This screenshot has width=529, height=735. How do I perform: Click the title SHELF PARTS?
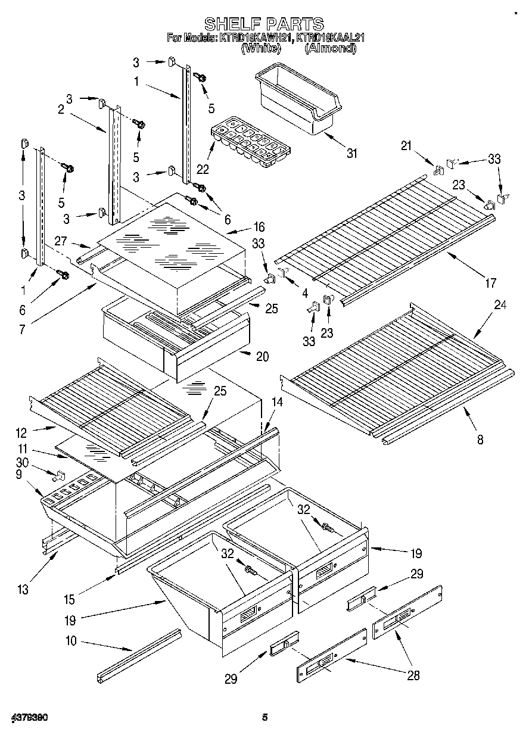[x=264, y=24]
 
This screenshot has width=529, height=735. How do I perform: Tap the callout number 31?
[x=352, y=153]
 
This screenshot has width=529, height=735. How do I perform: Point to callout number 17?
[x=490, y=284]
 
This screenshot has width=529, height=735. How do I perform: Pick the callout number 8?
[x=480, y=440]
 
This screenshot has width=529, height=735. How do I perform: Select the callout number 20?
[x=262, y=357]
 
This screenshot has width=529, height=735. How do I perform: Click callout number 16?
[x=259, y=226]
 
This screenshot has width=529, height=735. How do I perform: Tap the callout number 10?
[x=71, y=642]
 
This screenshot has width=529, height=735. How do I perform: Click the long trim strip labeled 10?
[x=139, y=655]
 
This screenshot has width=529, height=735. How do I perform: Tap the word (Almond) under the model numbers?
[x=330, y=49]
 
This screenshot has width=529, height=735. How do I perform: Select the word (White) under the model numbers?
[x=260, y=49]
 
